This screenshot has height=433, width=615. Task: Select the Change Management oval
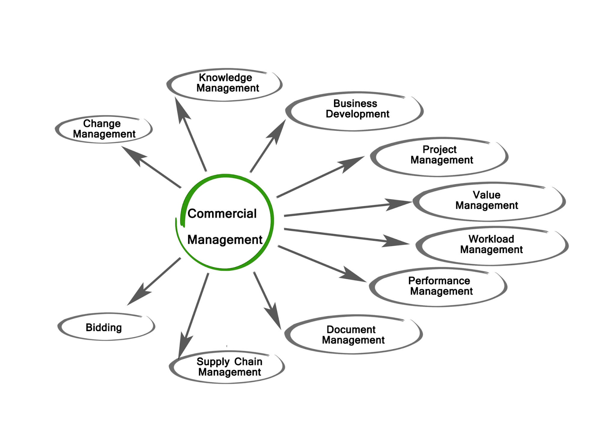point(104,129)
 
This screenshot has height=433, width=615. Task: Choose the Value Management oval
point(488,201)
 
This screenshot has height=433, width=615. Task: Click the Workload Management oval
point(492,245)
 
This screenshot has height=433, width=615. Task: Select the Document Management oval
point(354,334)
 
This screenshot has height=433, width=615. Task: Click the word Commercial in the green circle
point(222,213)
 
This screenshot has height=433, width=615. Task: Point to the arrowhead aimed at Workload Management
point(396,242)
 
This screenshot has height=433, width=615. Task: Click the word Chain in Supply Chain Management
point(248,361)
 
